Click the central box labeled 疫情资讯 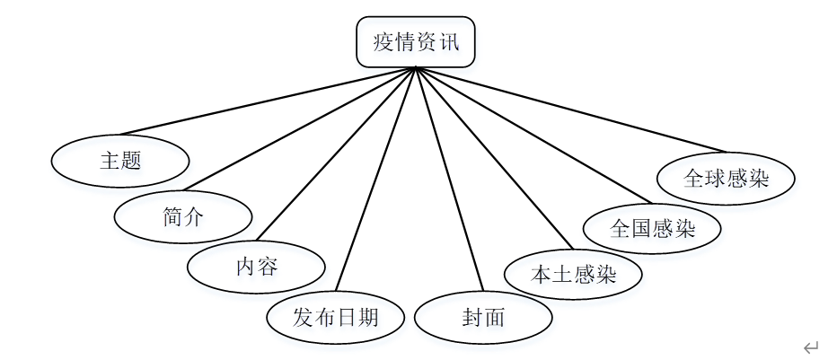coord(415,42)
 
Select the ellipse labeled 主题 coord(120,161)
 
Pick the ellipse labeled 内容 coord(256,267)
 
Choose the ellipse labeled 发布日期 coord(336,317)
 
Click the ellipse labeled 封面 coord(483,318)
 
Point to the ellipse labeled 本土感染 coord(573,274)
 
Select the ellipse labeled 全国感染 coord(652,228)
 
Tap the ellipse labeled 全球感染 coord(726,178)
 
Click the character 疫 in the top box coord(383,42)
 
